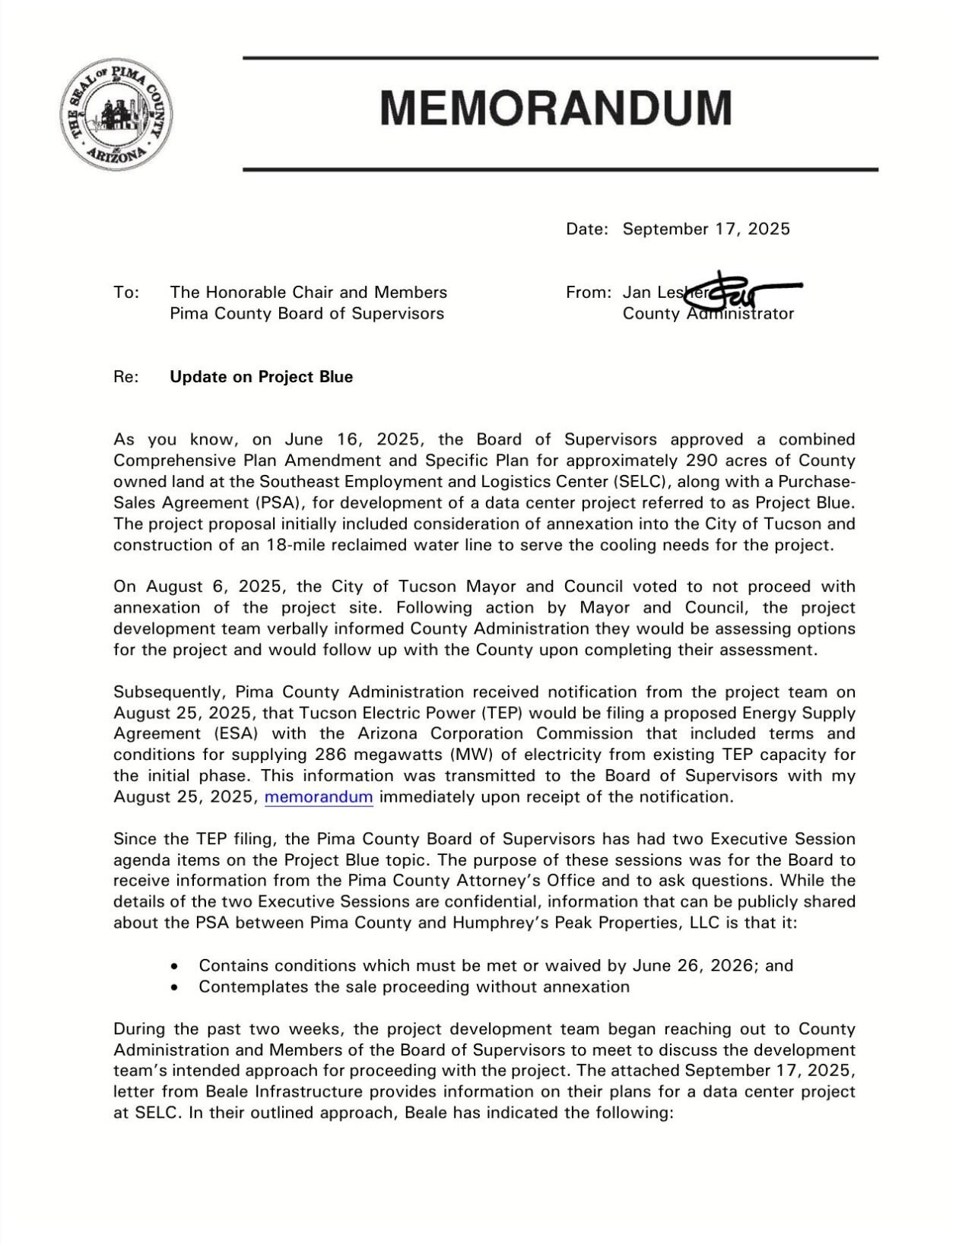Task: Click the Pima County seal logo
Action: (x=116, y=114)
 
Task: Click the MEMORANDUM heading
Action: (x=556, y=108)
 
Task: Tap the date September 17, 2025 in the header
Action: (x=706, y=229)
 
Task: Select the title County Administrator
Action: (x=708, y=314)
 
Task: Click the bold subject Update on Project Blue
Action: (x=262, y=377)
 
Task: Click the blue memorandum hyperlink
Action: (x=319, y=797)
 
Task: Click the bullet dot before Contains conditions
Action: (x=176, y=967)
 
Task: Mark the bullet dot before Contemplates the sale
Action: (x=176, y=988)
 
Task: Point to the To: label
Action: (x=125, y=293)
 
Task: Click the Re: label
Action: (x=125, y=377)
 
